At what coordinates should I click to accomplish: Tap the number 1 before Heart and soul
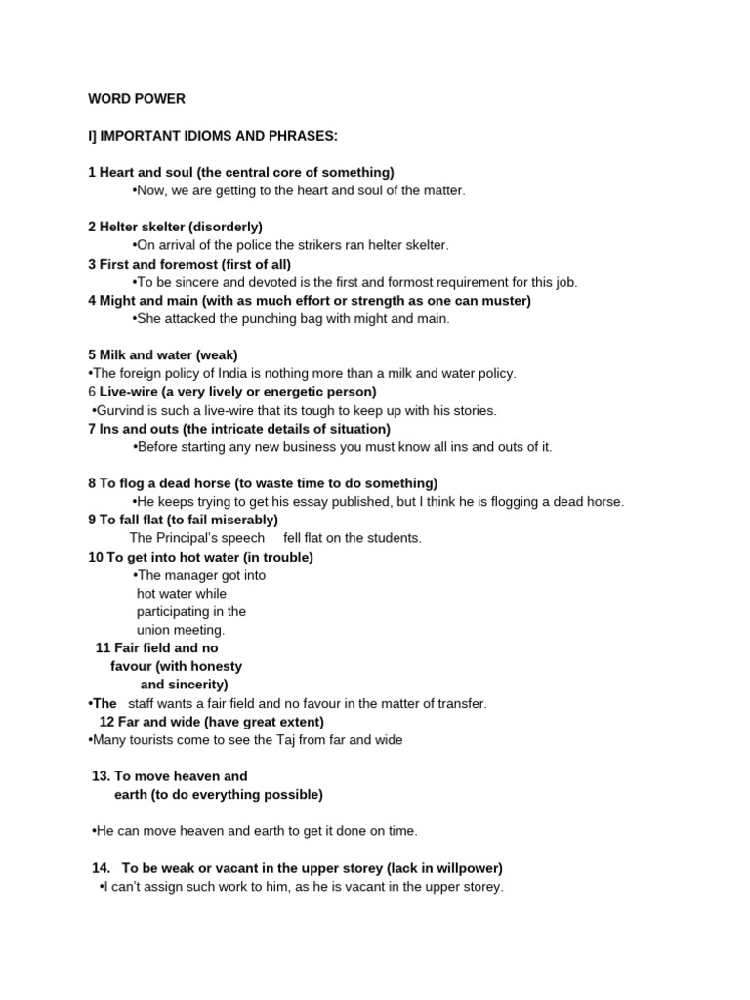(x=91, y=172)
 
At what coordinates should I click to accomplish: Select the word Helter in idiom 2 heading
(x=121, y=227)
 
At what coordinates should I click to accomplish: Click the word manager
(x=195, y=575)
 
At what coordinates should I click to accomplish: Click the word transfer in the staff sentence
(x=463, y=703)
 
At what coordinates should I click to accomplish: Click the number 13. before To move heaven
(x=101, y=776)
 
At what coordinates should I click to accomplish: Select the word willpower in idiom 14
(x=467, y=868)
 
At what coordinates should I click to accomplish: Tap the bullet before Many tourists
(x=90, y=740)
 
